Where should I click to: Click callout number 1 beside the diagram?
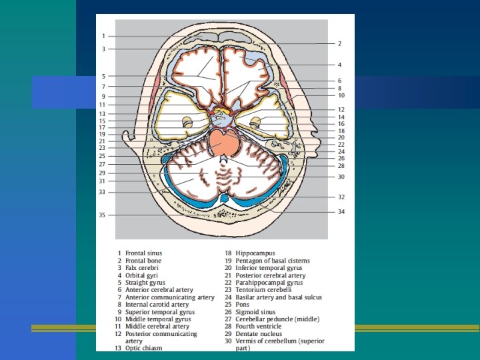(103, 35)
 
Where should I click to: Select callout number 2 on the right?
(339, 43)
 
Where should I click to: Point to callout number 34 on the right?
(341, 212)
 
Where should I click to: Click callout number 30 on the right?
(341, 177)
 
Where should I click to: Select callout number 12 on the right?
(341, 109)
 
